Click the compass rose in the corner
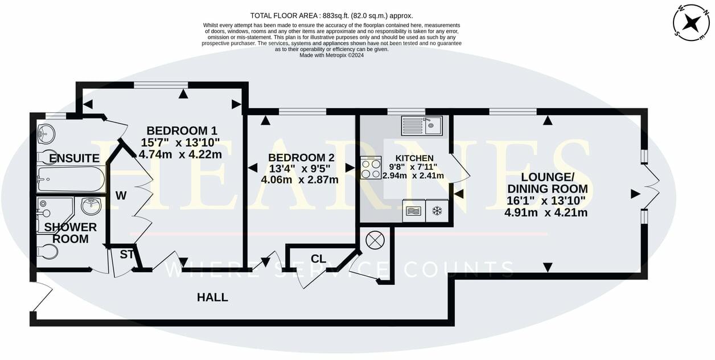coord(691,22)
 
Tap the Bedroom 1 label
coord(182,130)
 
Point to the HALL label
coord(212,297)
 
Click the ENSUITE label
coord(75,158)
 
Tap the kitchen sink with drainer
coord(421,125)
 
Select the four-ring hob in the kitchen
coord(371,168)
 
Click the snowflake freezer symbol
coord(437,211)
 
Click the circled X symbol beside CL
coord(375,240)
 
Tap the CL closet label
coord(318,259)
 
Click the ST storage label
coord(126,255)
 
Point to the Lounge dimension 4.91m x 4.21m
coord(545,212)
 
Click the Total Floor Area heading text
coord(331,15)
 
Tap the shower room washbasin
coord(91,205)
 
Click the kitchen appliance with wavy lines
coord(413,211)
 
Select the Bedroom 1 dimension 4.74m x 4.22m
coord(180,154)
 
